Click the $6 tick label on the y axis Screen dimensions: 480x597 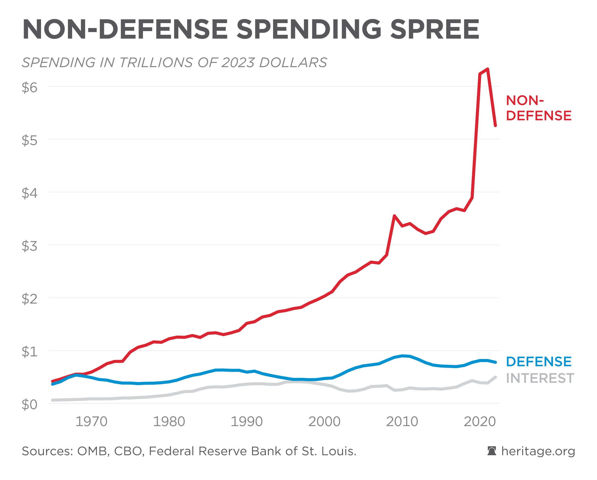coord(29,88)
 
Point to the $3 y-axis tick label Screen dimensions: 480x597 coord(29,246)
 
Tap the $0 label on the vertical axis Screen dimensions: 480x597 coord(29,404)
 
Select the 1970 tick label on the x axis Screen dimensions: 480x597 coord(91,422)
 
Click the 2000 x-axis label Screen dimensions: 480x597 coord(324,422)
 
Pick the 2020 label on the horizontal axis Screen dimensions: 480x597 coord(480,422)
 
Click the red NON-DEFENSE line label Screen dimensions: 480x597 coord(538,108)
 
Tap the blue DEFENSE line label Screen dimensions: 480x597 coord(539,362)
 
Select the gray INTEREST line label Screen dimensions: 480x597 coord(540,378)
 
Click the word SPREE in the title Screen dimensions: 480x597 coord(435,29)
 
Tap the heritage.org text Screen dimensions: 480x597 coord(538,451)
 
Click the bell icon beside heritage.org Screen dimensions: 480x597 coord(492,451)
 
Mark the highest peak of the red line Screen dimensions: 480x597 coord(487,69)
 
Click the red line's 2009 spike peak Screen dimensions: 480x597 coord(394,216)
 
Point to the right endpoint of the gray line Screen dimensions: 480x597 coord(495,377)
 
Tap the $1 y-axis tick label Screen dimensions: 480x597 coord(29,352)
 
